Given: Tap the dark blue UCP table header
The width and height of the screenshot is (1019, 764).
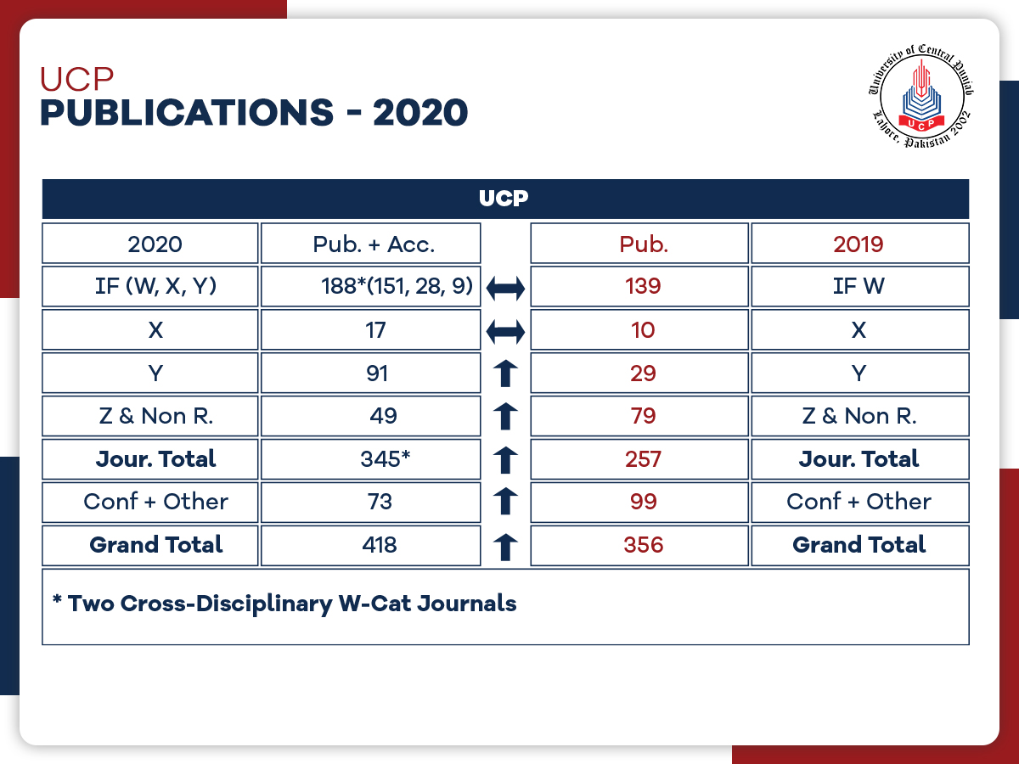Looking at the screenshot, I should point(504,199).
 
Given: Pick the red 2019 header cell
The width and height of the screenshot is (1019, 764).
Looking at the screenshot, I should point(859,244).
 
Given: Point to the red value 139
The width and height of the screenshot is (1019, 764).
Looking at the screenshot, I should point(642,286).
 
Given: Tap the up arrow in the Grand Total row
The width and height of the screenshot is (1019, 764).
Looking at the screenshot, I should point(506,546).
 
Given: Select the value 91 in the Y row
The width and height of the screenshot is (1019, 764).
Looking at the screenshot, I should point(375,373).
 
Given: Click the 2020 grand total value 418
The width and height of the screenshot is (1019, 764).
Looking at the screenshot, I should point(378,544).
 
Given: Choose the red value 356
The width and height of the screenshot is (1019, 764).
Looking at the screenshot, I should point(643,544).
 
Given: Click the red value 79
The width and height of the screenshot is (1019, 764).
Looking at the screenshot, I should point(643,416).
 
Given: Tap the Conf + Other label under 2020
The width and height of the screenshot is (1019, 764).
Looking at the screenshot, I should point(155,502).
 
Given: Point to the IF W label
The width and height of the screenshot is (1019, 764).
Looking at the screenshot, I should point(859,286).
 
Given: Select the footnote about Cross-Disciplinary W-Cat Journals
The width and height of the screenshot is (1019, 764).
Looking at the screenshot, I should point(284,604).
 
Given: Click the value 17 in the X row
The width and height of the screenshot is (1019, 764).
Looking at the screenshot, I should point(374,329).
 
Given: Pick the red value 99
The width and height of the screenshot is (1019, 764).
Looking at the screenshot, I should point(643,502).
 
